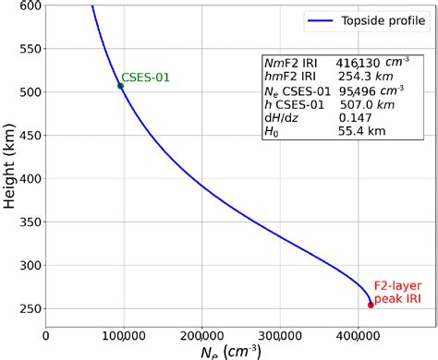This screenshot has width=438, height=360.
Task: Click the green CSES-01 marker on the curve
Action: [x=120, y=86]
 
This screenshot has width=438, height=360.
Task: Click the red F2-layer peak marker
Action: [x=371, y=305]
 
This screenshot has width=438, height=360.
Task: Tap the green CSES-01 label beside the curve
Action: [x=146, y=78]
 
